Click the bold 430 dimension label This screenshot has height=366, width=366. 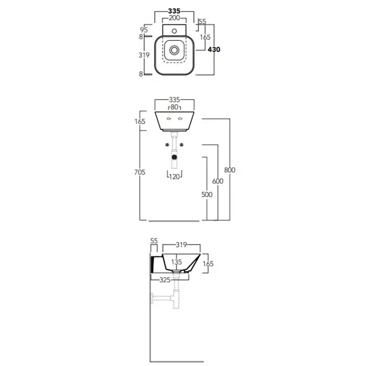tap(214, 50)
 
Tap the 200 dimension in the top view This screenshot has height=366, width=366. tap(174, 18)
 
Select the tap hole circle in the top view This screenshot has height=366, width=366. tap(174, 31)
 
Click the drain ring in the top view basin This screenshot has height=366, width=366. tap(174, 50)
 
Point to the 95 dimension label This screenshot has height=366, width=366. tap(144, 30)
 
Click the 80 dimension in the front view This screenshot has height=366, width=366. tap(174, 107)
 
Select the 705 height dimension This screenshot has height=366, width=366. tap(140, 172)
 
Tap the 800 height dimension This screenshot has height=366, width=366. tap(230, 170)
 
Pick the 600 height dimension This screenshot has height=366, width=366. tap(218, 181)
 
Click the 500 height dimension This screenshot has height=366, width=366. tap(207, 195)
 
